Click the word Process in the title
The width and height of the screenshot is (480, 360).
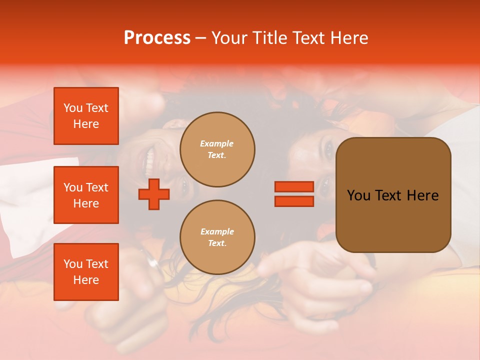pos(157,38)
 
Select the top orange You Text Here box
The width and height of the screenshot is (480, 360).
pos(86,116)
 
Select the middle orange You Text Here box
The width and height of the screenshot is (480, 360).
pos(86,195)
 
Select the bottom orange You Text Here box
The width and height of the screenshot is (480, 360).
pos(86,272)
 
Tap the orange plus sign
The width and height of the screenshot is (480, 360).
pos(154,194)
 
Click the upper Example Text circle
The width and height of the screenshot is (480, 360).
pos(217,149)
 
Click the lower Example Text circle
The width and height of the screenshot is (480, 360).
pos(217,237)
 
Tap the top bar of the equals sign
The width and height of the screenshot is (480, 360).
pos(294,187)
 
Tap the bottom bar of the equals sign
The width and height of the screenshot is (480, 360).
pos(294,201)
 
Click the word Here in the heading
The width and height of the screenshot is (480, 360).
pos(348,38)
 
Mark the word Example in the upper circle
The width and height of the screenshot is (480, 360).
pos(217,143)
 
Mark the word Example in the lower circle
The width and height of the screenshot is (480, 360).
pos(217,231)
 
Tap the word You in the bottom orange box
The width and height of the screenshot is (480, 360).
pos(72,264)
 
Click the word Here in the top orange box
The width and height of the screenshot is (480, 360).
pos(86,124)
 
